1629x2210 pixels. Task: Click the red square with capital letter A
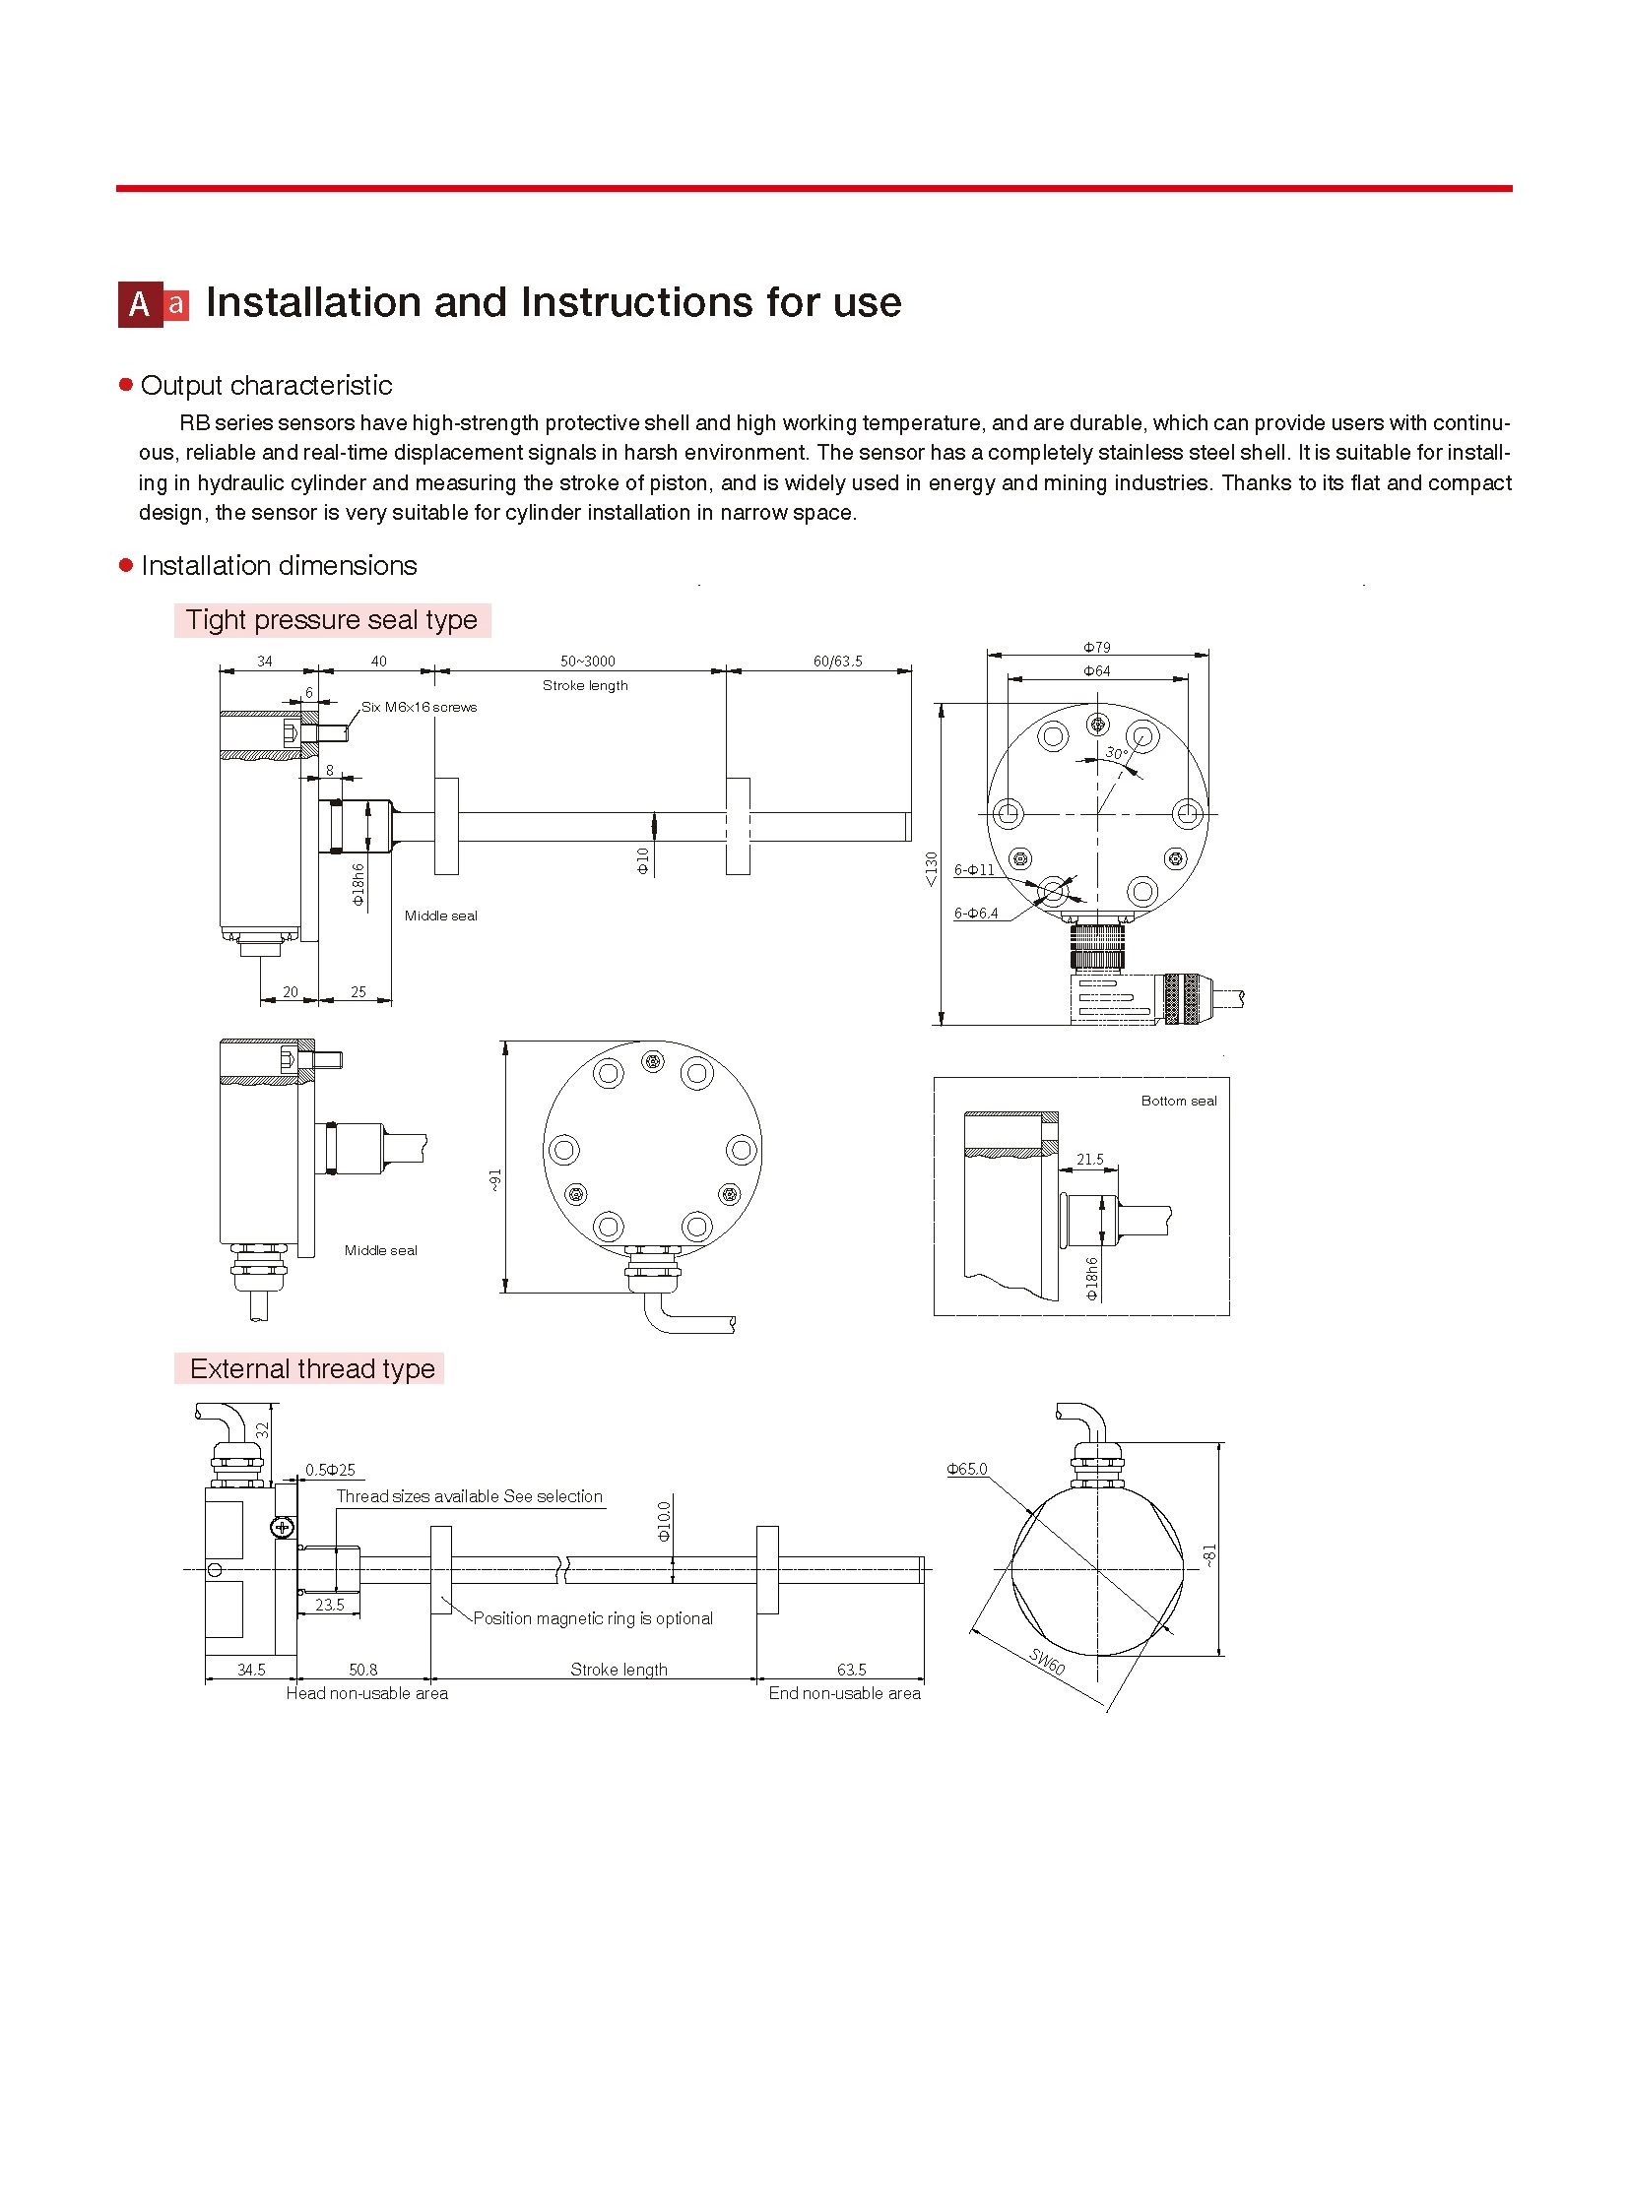click(x=140, y=304)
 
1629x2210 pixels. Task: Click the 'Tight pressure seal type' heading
click(x=331, y=620)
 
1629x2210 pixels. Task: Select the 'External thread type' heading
click(x=311, y=1368)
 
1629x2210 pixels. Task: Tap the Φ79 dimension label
click(x=1096, y=648)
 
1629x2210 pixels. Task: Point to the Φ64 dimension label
click(x=1096, y=671)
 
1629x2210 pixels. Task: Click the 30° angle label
click(x=1115, y=753)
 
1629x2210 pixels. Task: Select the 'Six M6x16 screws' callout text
click(x=420, y=707)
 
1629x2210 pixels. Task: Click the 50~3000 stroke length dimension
click(x=587, y=662)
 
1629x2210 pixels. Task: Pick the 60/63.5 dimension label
click(x=837, y=662)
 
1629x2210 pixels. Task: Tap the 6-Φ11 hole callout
click(x=974, y=869)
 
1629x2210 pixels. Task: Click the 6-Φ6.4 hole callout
click(x=976, y=913)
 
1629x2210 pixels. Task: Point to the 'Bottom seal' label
click(x=1178, y=1101)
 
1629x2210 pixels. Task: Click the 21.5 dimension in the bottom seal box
click(x=1089, y=1160)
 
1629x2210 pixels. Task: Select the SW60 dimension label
click(x=1047, y=1661)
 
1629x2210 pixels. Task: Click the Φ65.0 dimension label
click(x=966, y=1469)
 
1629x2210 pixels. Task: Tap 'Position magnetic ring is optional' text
click(x=593, y=1618)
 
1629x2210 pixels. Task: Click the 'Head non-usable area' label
click(x=366, y=1693)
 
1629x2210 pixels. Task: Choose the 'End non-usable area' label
click(x=844, y=1693)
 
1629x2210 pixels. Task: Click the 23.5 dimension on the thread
click(x=329, y=1605)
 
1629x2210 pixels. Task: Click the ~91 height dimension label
click(x=495, y=1180)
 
